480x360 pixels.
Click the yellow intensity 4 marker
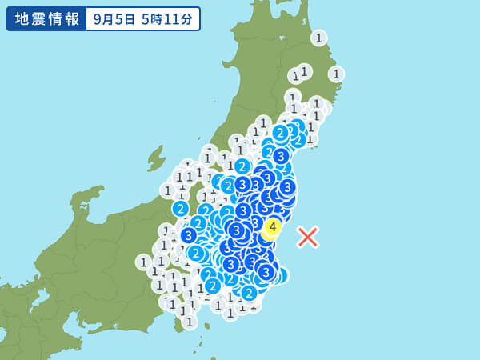[273, 227]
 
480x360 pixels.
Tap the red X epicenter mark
[308, 236]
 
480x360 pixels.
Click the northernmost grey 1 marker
[319, 38]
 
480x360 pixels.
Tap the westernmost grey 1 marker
[144, 262]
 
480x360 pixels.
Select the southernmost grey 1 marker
[190, 322]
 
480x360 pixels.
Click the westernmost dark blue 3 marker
[189, 235]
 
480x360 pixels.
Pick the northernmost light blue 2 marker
[280, 132]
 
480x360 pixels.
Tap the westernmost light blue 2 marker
[181, 209]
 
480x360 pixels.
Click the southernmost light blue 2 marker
[249, 293]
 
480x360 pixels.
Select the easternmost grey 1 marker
[336, 74]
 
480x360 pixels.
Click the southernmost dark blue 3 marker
[266, 272]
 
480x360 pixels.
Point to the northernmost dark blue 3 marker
[281, 156]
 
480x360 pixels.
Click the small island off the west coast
[155, 157]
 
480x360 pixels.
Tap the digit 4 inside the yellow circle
[273, 227]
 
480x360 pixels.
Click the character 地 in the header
[22, 19]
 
